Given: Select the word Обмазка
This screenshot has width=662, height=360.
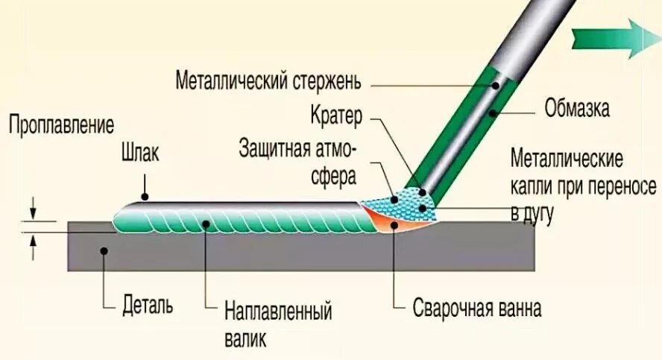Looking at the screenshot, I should click(578, 110).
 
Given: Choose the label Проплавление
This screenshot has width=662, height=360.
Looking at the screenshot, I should click(61, 124).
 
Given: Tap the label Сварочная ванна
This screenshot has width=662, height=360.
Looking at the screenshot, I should click(477, 308).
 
